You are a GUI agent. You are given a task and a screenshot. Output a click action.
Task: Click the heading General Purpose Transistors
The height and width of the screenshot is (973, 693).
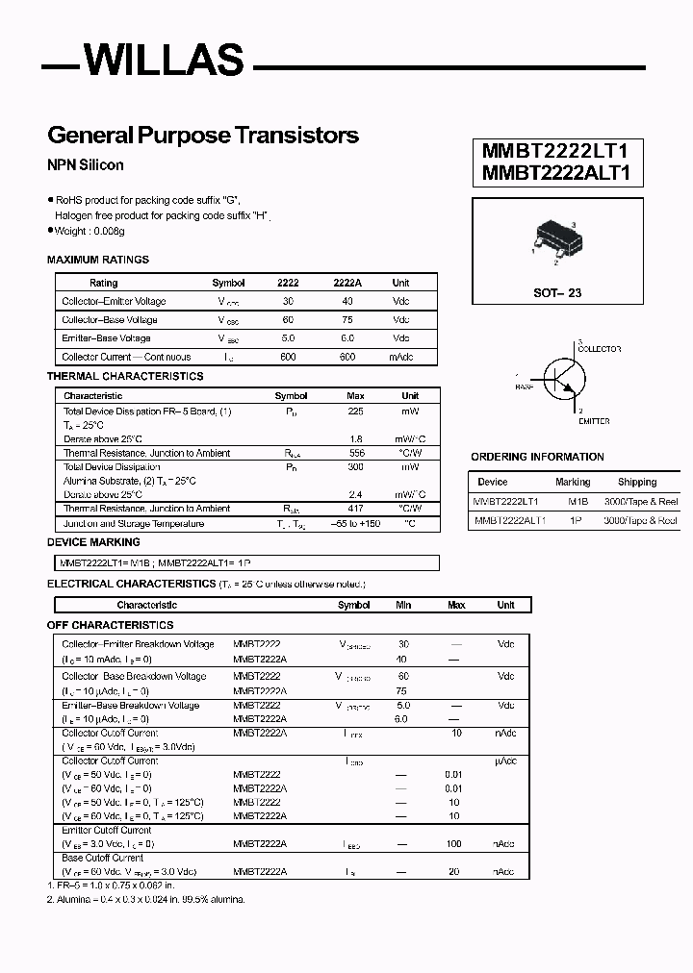tap(203, 136)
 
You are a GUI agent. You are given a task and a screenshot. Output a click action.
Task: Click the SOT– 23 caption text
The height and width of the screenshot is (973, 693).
tap(557, 292)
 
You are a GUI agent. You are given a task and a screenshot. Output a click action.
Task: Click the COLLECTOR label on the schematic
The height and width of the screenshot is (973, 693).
tap(599, 350)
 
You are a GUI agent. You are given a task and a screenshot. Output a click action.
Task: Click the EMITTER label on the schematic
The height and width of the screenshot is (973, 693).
tap(593, 421)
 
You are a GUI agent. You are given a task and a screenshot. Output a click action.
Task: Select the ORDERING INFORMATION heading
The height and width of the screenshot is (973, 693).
tap(537, 457)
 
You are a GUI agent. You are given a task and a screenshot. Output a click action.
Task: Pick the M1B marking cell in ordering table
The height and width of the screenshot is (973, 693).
tap(577, 501)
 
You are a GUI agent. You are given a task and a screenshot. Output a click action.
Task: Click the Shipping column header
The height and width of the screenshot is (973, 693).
tap(637, 482)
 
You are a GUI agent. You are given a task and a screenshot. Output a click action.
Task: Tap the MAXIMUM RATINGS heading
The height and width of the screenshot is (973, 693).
tap(98, 260)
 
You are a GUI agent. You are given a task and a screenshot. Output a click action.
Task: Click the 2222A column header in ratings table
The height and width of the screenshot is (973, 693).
tap(346, 283)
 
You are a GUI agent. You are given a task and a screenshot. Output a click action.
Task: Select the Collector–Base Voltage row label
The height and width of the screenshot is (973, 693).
tap(110, 320)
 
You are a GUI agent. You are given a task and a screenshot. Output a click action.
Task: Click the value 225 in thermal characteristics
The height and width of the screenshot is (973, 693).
tap(354, 412)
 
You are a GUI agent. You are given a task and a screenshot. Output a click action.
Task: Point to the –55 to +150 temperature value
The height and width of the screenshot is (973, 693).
tap(354, 524)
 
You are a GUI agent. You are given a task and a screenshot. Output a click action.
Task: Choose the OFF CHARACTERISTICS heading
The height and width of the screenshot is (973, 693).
tap(111, 626)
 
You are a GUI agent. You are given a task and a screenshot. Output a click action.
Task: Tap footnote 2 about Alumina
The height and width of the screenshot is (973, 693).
tap(146, 899)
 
